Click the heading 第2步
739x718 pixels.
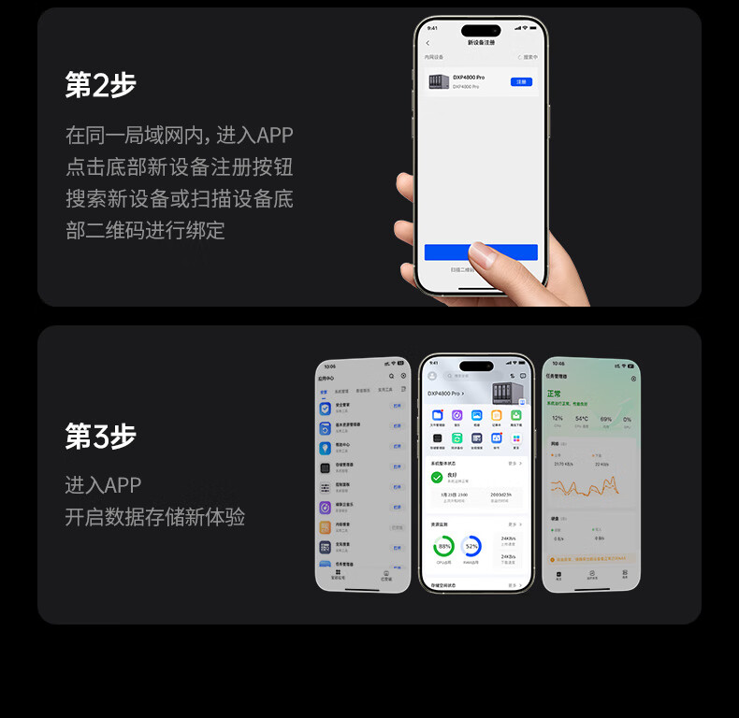(100, 85)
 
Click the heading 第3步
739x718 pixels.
(100, 436)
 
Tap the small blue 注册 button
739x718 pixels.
(522, 81)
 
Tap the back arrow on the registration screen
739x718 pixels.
(428, 43)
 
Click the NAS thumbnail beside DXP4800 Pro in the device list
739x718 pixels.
(438, 81)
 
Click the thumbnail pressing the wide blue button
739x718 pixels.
(484, 253)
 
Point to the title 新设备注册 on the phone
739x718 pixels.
(481, 43)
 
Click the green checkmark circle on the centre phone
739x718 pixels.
(437, 477)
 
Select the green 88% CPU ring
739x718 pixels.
(443, 545)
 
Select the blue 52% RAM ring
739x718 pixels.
(471, 545)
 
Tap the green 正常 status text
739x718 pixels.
(555, 395)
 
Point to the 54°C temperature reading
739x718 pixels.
(582, 419)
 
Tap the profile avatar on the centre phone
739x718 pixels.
(432, 376)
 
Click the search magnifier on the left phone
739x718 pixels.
(391, 376)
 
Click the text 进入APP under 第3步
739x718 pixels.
(103, 485)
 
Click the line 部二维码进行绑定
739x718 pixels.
(145, 230)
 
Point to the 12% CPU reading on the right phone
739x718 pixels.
(558, 419)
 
